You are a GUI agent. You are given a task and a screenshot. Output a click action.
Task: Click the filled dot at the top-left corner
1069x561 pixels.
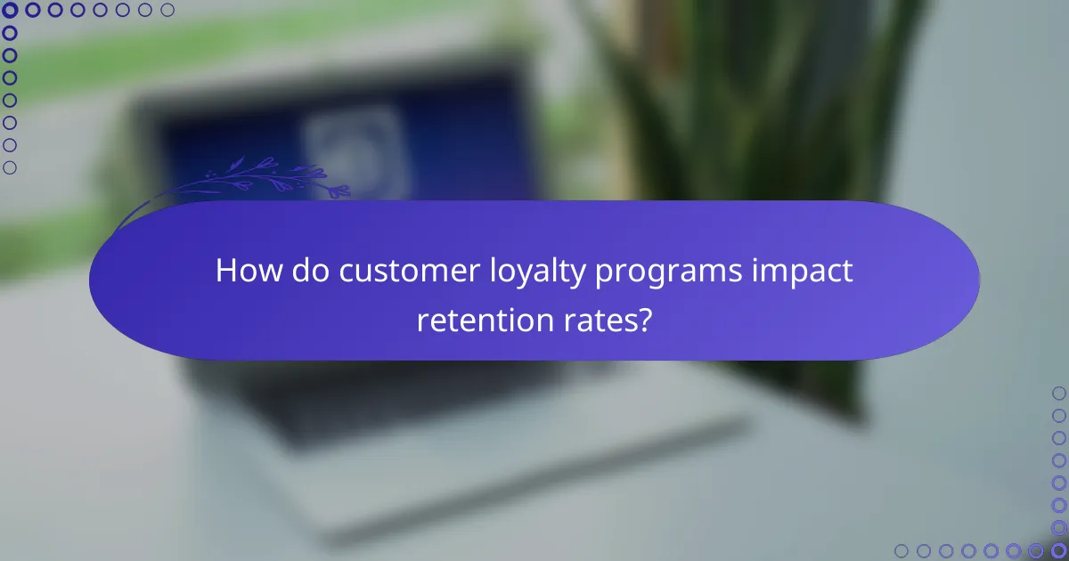click(x=10, y=10)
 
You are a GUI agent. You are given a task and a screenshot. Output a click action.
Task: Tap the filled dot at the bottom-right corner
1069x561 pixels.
click(x=1058, y=550)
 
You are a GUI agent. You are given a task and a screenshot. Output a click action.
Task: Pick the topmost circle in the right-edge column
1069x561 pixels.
click(x=1058, y=393)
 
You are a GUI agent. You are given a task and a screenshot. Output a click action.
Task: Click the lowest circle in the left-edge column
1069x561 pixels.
click(x=10, y=167)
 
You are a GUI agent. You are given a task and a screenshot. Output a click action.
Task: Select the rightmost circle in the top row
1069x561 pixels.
click(x=167, y=10)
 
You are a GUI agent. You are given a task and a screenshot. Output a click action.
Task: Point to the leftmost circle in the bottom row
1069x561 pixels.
click(x=902, y=550)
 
